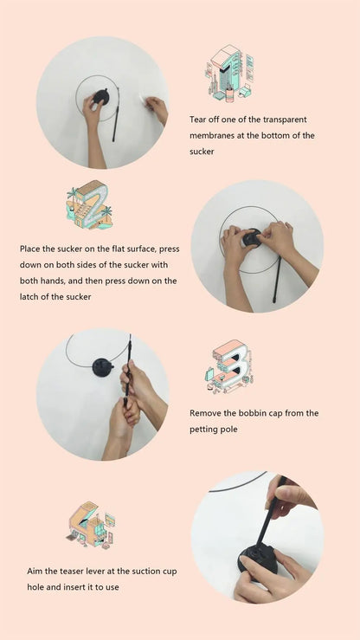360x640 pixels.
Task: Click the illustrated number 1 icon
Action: tap(229, 74)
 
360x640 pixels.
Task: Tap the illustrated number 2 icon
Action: tap(89, 204)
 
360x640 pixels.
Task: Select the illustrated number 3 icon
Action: tap(229, 366)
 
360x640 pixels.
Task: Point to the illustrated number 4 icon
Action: tap(91, 525)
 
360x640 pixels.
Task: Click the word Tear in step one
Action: tap(197, 120)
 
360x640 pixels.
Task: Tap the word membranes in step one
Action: tap(211, 135)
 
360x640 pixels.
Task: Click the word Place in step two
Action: tap(29, 249)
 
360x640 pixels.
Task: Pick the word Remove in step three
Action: tap(203, 413)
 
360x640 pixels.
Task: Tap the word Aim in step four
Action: tap(35, 571)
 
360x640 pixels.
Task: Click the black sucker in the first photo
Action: tap(101, 97)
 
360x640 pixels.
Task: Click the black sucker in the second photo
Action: tap(252, 238)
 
